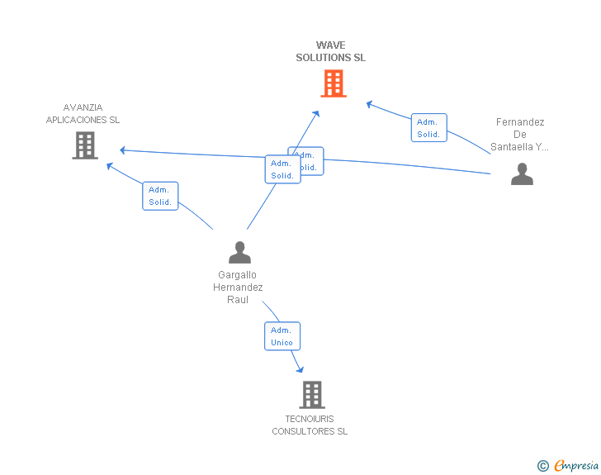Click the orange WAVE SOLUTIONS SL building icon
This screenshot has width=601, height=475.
333,83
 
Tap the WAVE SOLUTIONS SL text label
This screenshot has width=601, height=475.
331,51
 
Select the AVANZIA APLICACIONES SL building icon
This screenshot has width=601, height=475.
85,145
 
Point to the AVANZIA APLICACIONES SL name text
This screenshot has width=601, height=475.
83,113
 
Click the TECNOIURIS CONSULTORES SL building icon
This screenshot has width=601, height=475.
311,395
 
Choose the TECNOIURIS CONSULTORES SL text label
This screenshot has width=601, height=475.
310,425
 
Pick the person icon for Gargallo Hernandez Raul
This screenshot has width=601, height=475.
239,252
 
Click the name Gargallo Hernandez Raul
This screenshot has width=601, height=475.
238,287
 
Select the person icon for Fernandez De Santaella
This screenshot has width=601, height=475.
522,173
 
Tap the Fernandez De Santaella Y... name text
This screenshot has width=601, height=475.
520,135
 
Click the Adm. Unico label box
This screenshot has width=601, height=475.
282,336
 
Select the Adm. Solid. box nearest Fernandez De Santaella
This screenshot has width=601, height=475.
428,128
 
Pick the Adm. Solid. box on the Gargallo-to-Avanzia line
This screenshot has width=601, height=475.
160,196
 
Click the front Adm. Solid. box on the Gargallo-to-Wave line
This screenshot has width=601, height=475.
282,169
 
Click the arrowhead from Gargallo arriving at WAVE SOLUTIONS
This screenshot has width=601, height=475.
316,113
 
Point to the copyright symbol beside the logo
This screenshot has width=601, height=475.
543,467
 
